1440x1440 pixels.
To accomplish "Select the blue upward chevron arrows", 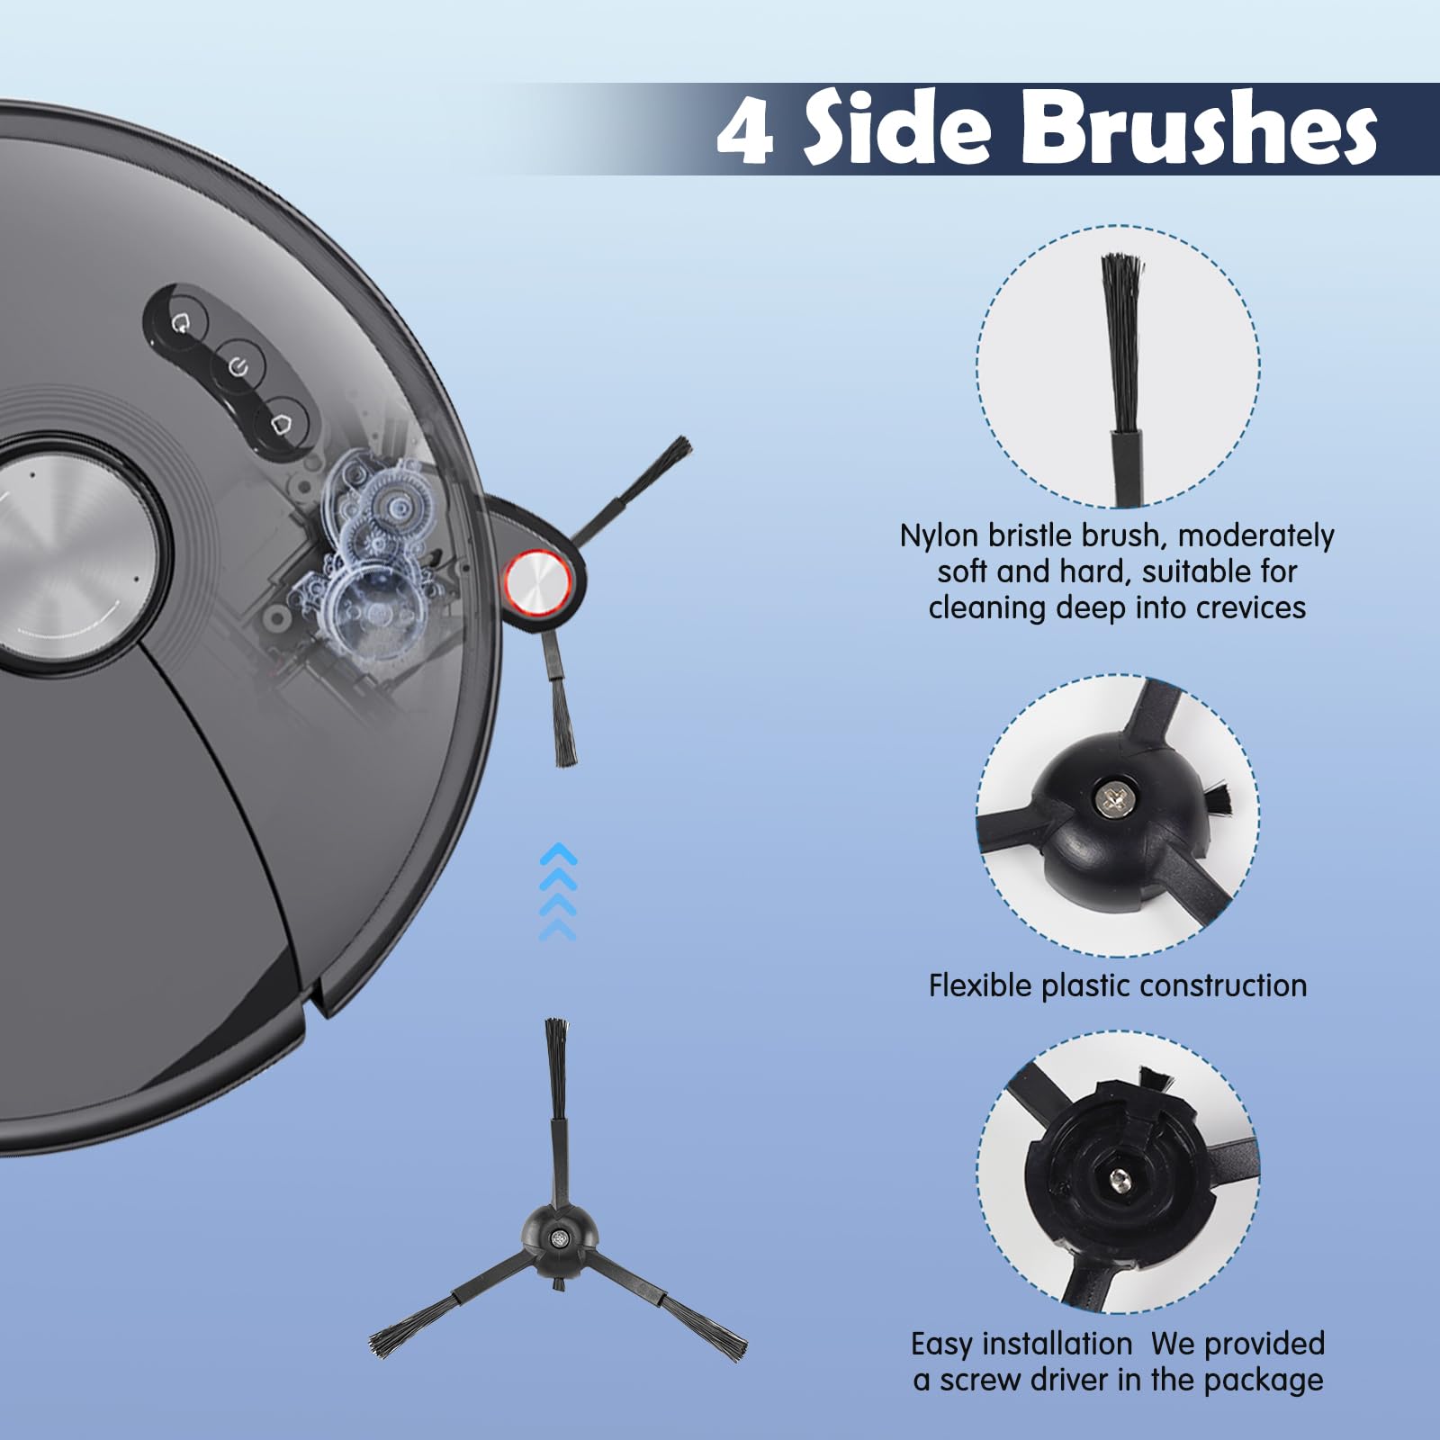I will pos(558,892).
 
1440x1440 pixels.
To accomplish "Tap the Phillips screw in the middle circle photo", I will pos(1112,796).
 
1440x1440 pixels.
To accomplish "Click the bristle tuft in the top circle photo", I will pos(1121,306).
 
